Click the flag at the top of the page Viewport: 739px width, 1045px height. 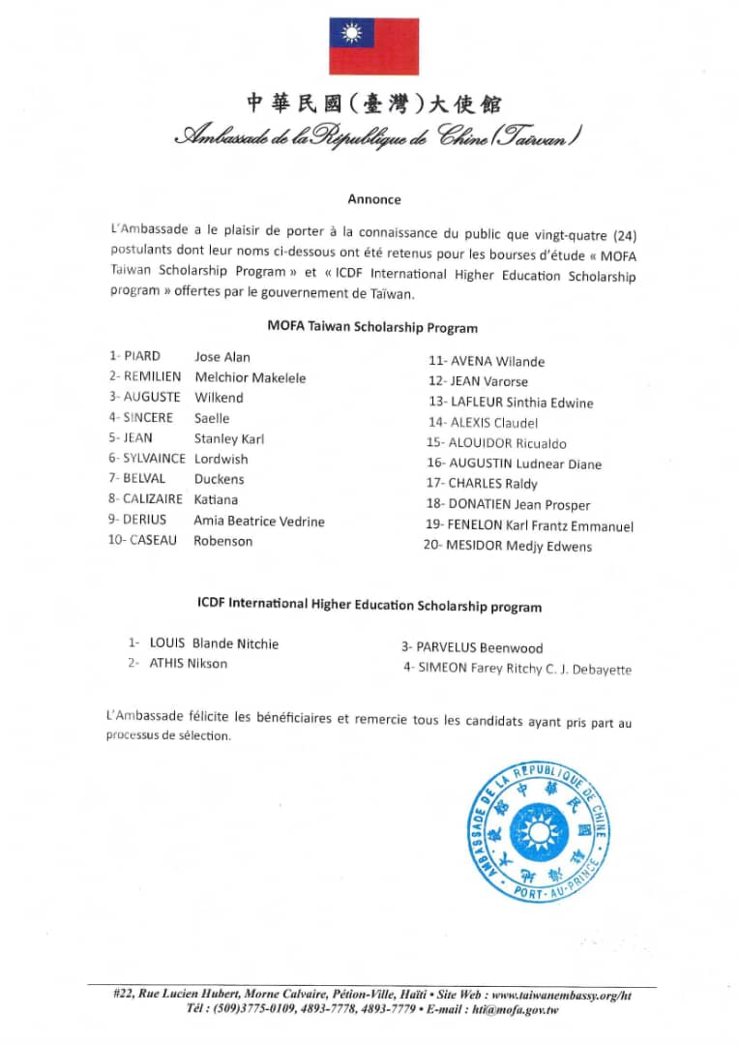tap(374, 46)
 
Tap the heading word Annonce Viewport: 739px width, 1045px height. tap(374, 199)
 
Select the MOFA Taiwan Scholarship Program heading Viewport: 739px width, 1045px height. tap(372, 327)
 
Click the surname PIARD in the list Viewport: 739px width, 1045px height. tap(142, 357)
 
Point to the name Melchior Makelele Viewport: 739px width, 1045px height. tap(250, 377)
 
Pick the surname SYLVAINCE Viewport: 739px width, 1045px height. tap(153, 459)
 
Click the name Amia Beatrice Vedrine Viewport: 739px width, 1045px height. tap(259, 521)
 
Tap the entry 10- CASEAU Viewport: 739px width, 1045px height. tap(142, 541)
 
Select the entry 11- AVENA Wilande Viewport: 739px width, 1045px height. tap(487, 362)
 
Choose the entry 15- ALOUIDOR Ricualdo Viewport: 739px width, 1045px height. tap(496, 443)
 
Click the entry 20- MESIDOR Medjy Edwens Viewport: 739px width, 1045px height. tap(508, 546)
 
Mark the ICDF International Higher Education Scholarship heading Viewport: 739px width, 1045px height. tap(369, 607)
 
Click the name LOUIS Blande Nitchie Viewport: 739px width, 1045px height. tap(214, 642)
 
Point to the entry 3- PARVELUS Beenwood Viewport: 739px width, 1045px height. tap(473, 647)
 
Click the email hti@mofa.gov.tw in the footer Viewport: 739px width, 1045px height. tap(516, 1010)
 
